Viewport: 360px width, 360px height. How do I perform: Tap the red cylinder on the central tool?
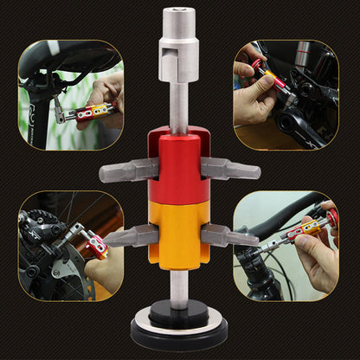tap(180, 172)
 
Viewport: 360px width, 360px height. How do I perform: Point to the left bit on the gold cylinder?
tap(132, 235)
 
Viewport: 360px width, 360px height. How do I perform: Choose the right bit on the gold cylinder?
tap(228, 235)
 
